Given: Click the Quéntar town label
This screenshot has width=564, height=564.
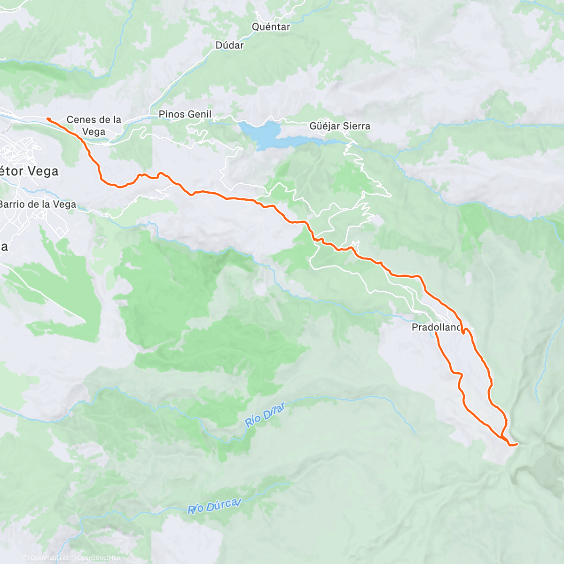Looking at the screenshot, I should tap(271, 27).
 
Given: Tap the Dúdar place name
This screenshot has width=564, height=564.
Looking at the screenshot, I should tap(229, 45).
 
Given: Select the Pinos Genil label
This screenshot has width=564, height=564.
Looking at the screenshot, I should tap(185, 114).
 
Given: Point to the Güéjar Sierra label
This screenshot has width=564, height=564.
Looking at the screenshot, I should tap(340, 126).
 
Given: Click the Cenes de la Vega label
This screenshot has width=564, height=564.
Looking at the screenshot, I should tap(94, 125).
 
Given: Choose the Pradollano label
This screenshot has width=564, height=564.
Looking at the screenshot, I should tap(436, 327).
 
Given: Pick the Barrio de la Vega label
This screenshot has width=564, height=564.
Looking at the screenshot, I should tap(38, 204).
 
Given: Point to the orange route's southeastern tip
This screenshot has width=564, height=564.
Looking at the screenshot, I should tap(517, 444).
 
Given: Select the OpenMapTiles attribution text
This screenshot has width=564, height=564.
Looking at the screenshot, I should tap(49, 558).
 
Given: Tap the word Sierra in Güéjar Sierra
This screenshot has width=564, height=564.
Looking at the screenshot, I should tap(356, 126).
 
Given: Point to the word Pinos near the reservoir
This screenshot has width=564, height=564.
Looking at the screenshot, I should tap(171, 114).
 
